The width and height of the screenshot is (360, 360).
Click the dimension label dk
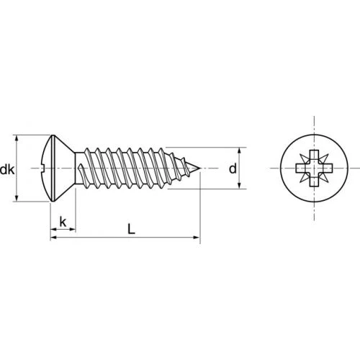coord(7,170)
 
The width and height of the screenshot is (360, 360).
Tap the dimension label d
coord(233,168)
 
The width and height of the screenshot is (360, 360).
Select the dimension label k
coord(63,222)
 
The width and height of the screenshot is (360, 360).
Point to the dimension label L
coord(131,229)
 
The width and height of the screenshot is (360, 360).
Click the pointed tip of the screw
coord(199,168)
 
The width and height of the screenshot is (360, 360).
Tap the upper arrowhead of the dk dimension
coord(17,138)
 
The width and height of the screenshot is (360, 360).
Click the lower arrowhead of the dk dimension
coord(17,198)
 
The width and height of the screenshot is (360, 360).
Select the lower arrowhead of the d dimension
coord(239,185)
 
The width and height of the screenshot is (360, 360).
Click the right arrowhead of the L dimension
coord(197,238)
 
